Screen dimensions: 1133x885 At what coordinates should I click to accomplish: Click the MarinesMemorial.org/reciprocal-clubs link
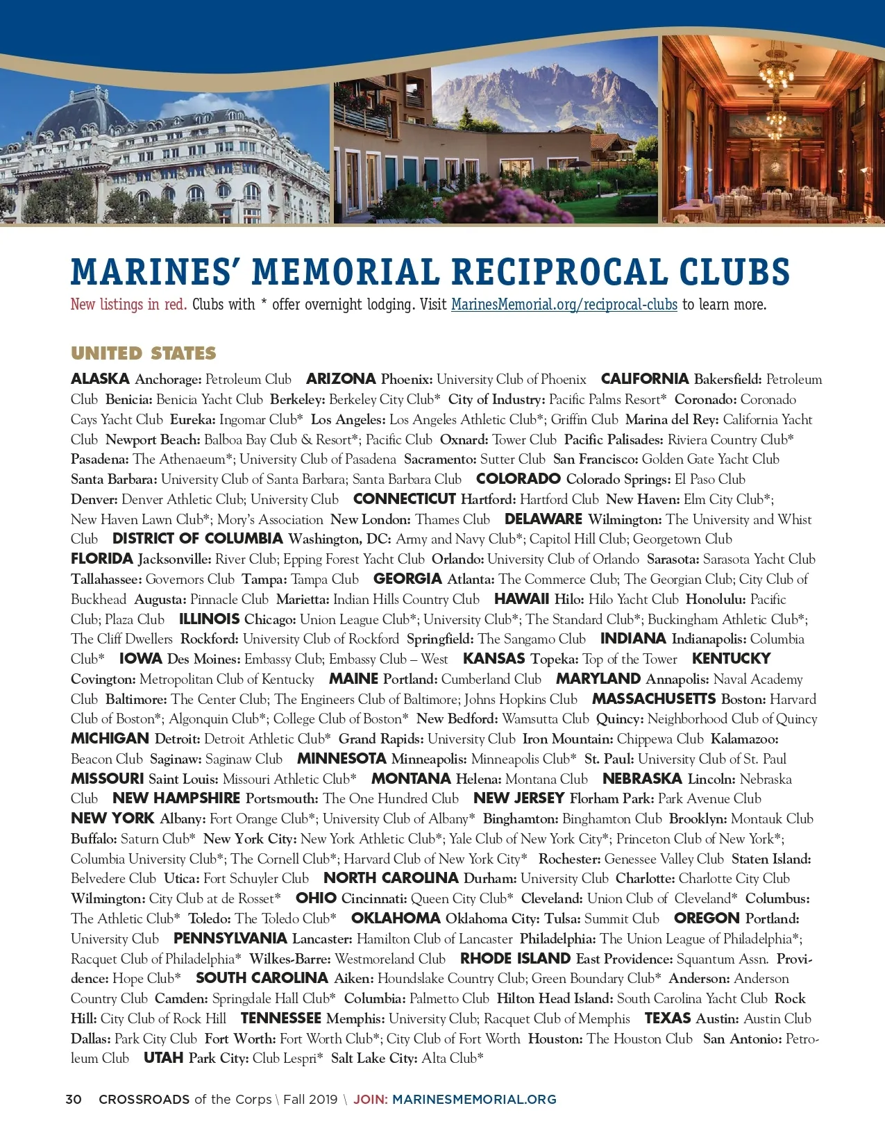point(564,305)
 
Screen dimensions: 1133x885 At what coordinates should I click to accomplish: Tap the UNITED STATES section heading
point(144,353)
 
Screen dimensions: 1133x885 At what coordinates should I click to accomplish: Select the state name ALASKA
point(100,379)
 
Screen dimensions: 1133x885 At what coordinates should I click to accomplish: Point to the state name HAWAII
point(521,599)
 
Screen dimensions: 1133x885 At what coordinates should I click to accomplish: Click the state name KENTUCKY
point(731,659)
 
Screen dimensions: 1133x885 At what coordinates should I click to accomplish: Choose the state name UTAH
point(163,1059)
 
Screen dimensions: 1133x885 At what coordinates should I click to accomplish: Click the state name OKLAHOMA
point(396,918)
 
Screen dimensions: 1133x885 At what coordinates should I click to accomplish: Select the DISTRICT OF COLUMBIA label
point(198,539)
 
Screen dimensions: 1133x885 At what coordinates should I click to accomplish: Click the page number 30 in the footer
point(74,1100)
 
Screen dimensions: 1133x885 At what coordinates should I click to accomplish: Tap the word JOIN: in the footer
point(371,1100)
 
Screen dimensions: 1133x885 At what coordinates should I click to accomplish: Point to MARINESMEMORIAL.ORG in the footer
point(474,1100)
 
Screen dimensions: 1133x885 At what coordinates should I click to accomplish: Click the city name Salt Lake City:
point(374,1059)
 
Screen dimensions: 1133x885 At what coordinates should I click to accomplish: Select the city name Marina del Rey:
point(671,419)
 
